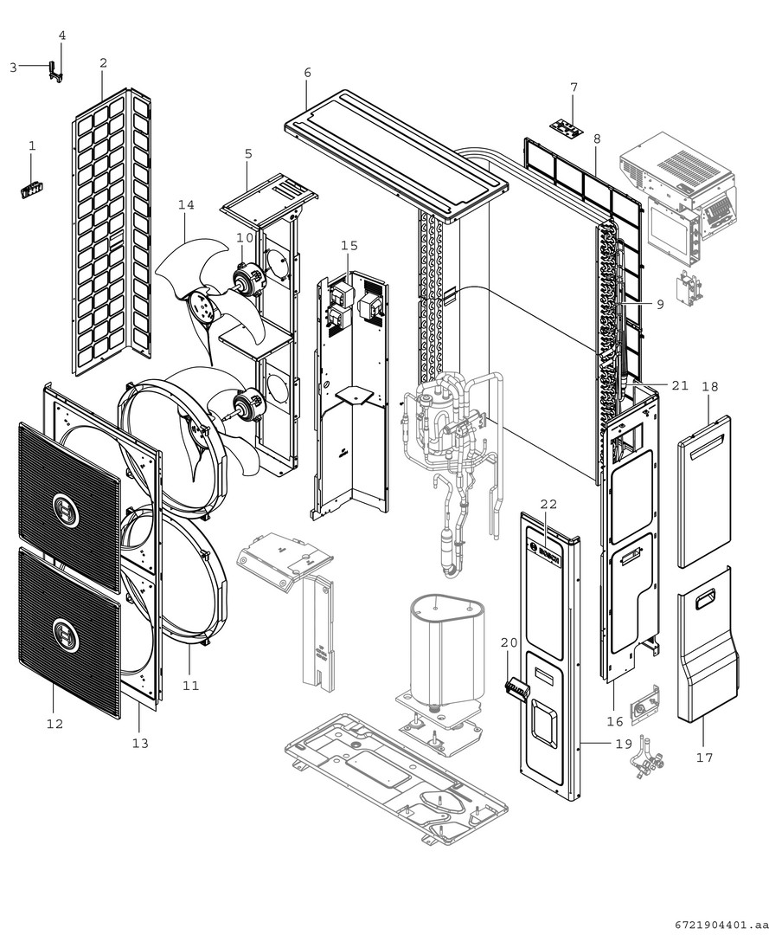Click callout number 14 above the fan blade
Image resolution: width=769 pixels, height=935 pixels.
[186, 204]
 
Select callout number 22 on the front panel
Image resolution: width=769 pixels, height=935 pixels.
[548, 504]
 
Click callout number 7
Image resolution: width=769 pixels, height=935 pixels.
[574, 87]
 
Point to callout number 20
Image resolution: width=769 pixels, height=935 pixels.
[509, 642]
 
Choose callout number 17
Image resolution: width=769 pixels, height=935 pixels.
[704, 758]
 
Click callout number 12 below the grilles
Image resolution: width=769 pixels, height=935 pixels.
[54, 723]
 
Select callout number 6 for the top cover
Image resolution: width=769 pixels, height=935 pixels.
[307, 72]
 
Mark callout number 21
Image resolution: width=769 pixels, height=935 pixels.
[680, 385]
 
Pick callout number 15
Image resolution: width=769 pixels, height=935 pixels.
[349, 245]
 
